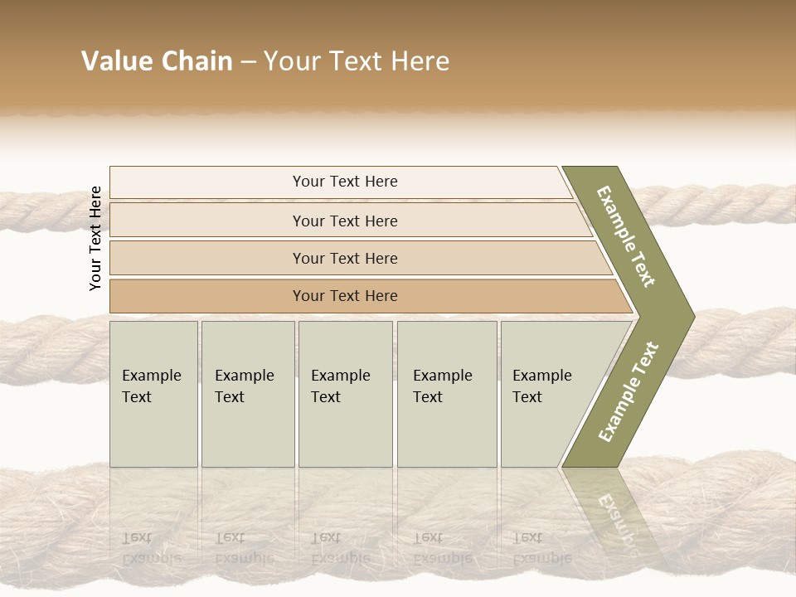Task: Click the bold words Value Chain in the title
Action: pos(157,61)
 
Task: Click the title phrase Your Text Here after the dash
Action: pos(357,61)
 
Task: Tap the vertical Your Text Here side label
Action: pos(95,239)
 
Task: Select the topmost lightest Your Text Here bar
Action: pos(345,182)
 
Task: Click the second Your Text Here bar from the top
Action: pos(345,221)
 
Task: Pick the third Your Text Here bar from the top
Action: pos(345,258)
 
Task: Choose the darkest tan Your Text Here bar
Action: pos(345,296)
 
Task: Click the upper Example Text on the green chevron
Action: pos(627,236)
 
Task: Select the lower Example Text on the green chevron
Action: pos(629,391)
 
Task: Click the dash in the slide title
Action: pos(247,62)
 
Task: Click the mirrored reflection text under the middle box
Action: pos(340,547)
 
